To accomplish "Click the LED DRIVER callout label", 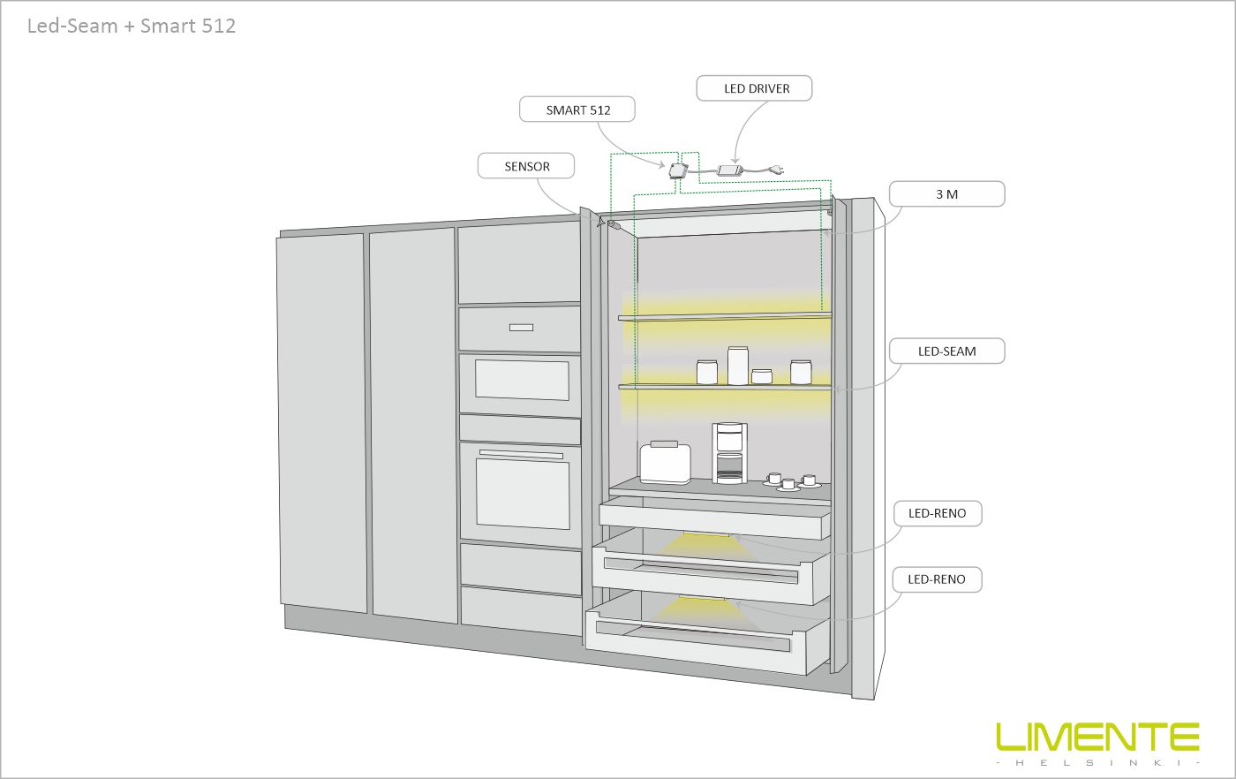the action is coord(754,88).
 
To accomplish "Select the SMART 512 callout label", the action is coord(577,110).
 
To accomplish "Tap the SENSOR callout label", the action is coord(526,166).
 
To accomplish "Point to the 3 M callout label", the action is coord(946,194).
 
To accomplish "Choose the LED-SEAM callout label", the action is coord(946,352).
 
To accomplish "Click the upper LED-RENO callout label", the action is coord(938,513).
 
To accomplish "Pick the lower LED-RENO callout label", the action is coord(938,579).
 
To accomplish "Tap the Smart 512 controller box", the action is coord(678,170).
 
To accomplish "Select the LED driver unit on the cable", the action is coord(730,170).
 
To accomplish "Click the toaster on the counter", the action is coord(665,463).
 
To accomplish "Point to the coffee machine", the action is coord(729,453).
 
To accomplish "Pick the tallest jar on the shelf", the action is coord(738,365).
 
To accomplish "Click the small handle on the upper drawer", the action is coord(521,328).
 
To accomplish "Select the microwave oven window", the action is coord(522,380).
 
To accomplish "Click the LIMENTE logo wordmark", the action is coord(1097,737).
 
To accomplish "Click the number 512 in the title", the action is coord(217,26).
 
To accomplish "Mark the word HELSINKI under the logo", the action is coord(1097,762).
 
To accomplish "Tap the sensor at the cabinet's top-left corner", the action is coord(611,223).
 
